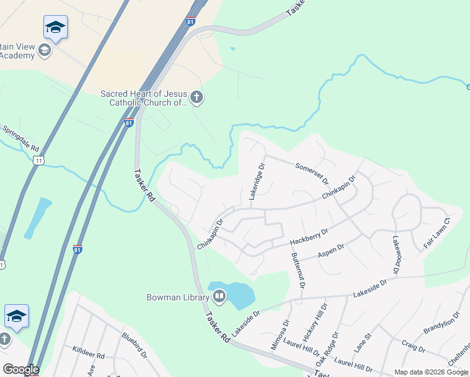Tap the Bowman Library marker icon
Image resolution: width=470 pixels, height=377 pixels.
[x=219, y=295]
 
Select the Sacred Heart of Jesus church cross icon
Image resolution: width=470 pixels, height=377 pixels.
[x=196, y=97]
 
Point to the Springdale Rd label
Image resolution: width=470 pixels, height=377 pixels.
[x=21, y=139]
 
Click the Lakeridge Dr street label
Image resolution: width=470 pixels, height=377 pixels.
[x=257, y=182]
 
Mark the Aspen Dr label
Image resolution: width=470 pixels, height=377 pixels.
[x=331, y=249]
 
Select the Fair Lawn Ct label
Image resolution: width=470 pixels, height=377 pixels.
[x=437, y=233]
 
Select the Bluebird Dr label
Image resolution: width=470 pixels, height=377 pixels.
[x=134, y=345]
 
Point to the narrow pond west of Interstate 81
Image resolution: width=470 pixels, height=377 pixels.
[x=38, y=218]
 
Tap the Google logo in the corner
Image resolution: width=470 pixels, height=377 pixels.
[x=20, y=369]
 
